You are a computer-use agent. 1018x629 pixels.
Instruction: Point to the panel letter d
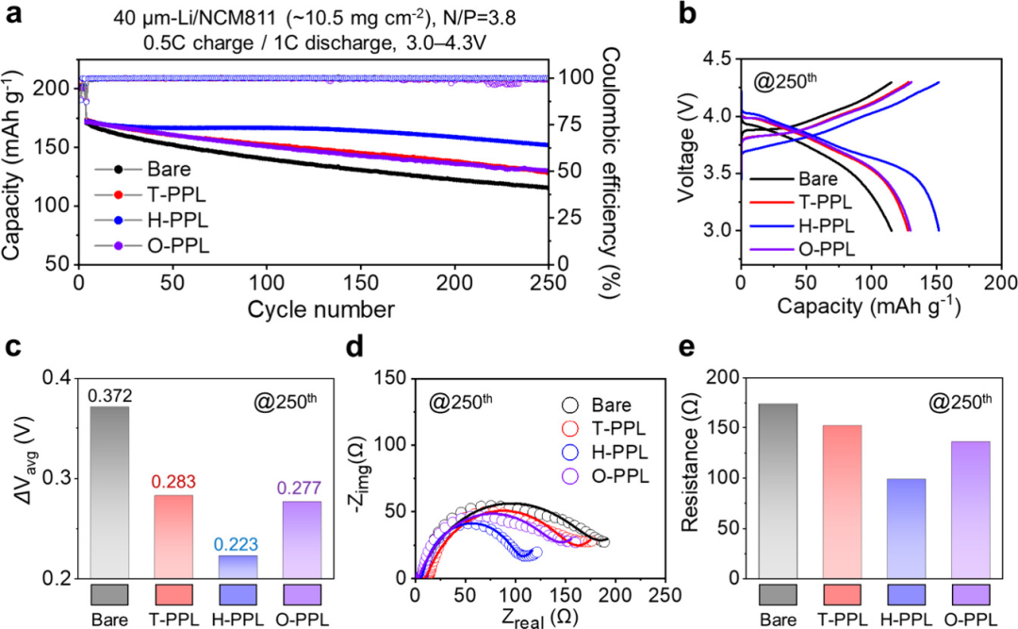[382, 348]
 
